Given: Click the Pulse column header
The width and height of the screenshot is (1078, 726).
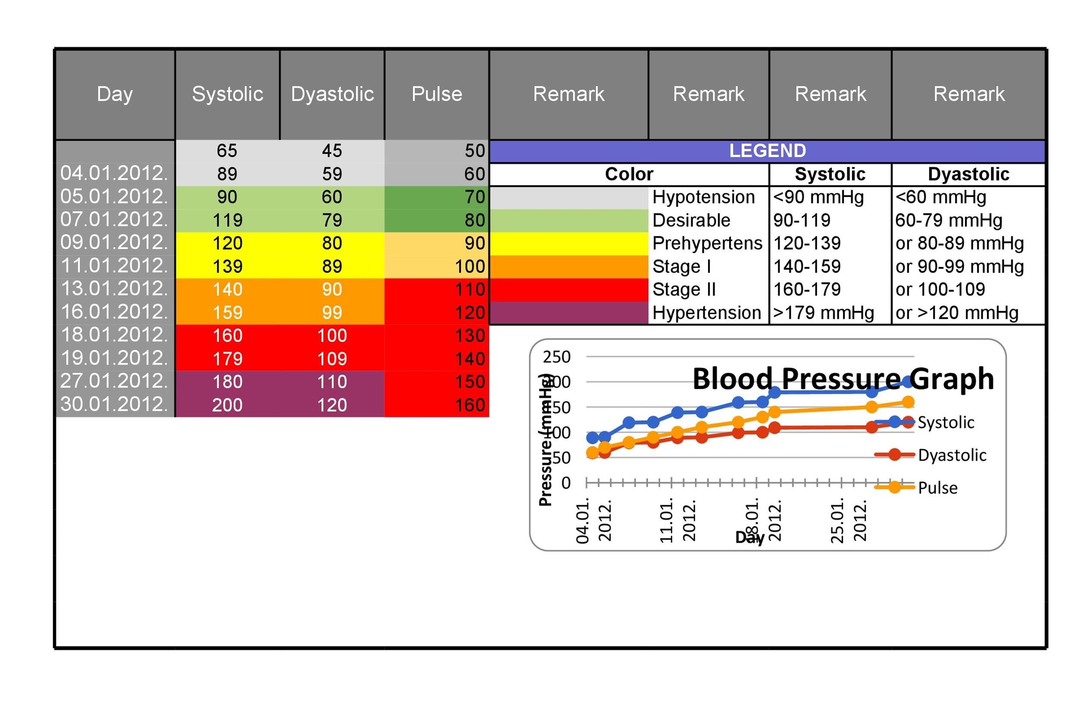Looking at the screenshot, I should click(x=436, y=94).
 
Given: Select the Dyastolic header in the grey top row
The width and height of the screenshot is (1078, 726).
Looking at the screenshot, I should click(x=332, y=94).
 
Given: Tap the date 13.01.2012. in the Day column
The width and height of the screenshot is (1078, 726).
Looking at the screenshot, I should click(x=114, y=289).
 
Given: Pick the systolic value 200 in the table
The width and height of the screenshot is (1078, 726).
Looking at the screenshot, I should click(x=227, y=405).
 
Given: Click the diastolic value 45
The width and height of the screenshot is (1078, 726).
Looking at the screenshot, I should click(x=332, y=151).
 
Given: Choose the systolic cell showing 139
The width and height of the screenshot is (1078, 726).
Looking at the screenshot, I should click(x=227, y=266).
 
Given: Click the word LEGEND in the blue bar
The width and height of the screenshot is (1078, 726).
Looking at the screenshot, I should click(x=767, y=151).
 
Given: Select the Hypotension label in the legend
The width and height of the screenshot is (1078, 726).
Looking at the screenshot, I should click(x=703, y=197).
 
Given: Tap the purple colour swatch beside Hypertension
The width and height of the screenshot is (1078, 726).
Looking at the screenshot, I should click(x=568, y=313).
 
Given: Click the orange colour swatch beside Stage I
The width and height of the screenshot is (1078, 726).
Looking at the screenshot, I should click(x=568, y=266).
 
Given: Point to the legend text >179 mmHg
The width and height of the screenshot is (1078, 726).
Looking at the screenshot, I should click(x=824, y=313).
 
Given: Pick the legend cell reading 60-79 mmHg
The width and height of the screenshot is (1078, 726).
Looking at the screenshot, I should click(x=948, y=220).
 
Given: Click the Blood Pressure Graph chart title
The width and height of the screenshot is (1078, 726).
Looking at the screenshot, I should click(x=843, y=378).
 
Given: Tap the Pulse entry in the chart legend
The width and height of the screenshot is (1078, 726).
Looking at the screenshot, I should click(x=937, y=487).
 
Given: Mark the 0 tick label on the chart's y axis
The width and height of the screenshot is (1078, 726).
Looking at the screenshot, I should click(x=566, y=483).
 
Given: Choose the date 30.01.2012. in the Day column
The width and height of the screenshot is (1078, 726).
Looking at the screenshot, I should click(x=114, y=404).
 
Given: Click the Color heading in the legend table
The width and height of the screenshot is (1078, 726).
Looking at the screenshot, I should click(x=629, y=174).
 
